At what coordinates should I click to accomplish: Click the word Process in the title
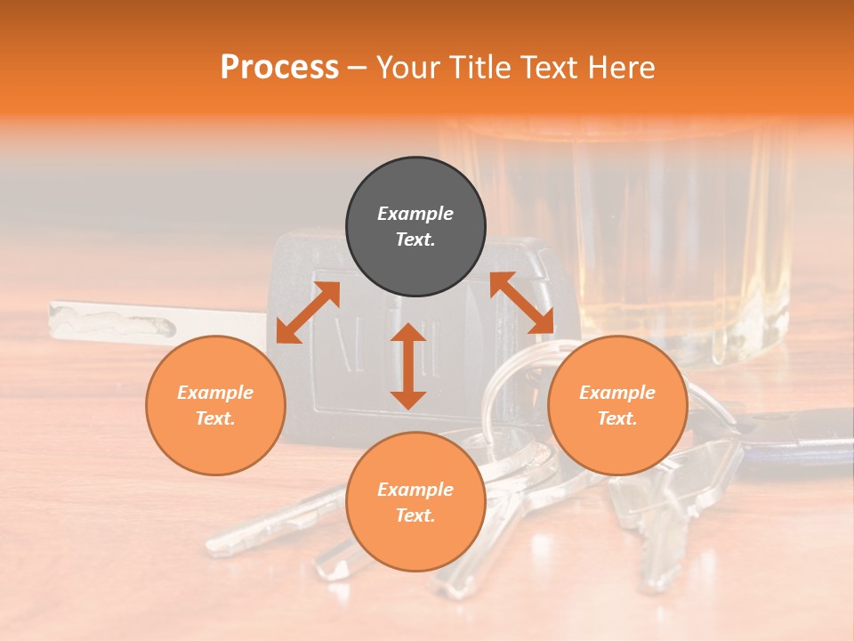coord(279,67)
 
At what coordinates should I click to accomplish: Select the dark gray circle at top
coord(415,227)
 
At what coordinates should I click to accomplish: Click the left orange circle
coord(215,405)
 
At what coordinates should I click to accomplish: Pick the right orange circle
coord(617,405)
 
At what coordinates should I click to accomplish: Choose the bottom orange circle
coord(415,502)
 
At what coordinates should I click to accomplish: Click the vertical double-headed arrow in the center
coord(408,366)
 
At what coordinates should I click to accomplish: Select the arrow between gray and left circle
coord(308,312)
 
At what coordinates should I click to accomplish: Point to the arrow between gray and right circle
coord(521,303)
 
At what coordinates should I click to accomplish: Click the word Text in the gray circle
coord(415,239)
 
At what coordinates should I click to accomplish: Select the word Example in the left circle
coord(215,393)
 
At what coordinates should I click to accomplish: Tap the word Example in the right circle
coord(617,393)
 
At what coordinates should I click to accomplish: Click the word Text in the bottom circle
coord(415,515)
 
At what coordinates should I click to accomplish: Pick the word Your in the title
coord(407,67)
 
